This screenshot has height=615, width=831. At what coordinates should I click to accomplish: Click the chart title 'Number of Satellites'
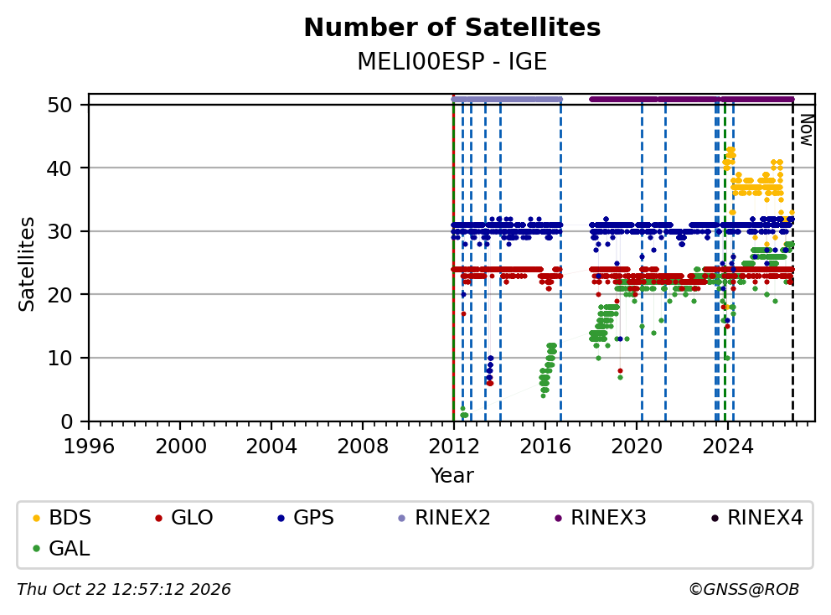(452, 28)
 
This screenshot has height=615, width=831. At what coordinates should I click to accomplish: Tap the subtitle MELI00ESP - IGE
(452, 61)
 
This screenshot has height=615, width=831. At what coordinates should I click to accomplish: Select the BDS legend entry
(62, 518)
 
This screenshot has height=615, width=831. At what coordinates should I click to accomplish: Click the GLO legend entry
(184, 518)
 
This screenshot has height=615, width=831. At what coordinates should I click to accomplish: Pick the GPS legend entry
(306, 518)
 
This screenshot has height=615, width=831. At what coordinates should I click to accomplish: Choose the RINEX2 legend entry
(444, 518)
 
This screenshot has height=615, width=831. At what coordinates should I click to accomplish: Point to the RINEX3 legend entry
(600, 518)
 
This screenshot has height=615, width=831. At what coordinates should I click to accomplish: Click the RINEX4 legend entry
(756, 518)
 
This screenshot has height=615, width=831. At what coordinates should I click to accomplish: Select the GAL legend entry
(61, 549)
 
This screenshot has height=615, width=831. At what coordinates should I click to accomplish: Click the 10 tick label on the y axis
(59, 359)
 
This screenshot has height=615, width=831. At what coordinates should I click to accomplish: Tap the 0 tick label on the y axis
(66, 421)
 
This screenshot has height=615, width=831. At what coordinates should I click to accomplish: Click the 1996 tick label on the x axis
(89, 447)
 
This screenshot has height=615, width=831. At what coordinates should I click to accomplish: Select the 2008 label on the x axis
(363, 447)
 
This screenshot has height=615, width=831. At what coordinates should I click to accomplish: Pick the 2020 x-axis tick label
(637, 447)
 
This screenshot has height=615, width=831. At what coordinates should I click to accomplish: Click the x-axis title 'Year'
(452, 475)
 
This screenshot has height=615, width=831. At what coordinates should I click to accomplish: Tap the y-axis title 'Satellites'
(27, 264)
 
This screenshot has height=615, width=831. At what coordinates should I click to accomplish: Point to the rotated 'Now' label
(806, 131)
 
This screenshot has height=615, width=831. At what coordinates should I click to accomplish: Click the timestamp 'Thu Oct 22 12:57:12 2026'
(123, 589)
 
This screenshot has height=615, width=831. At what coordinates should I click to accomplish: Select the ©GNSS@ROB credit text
(744, 589)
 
